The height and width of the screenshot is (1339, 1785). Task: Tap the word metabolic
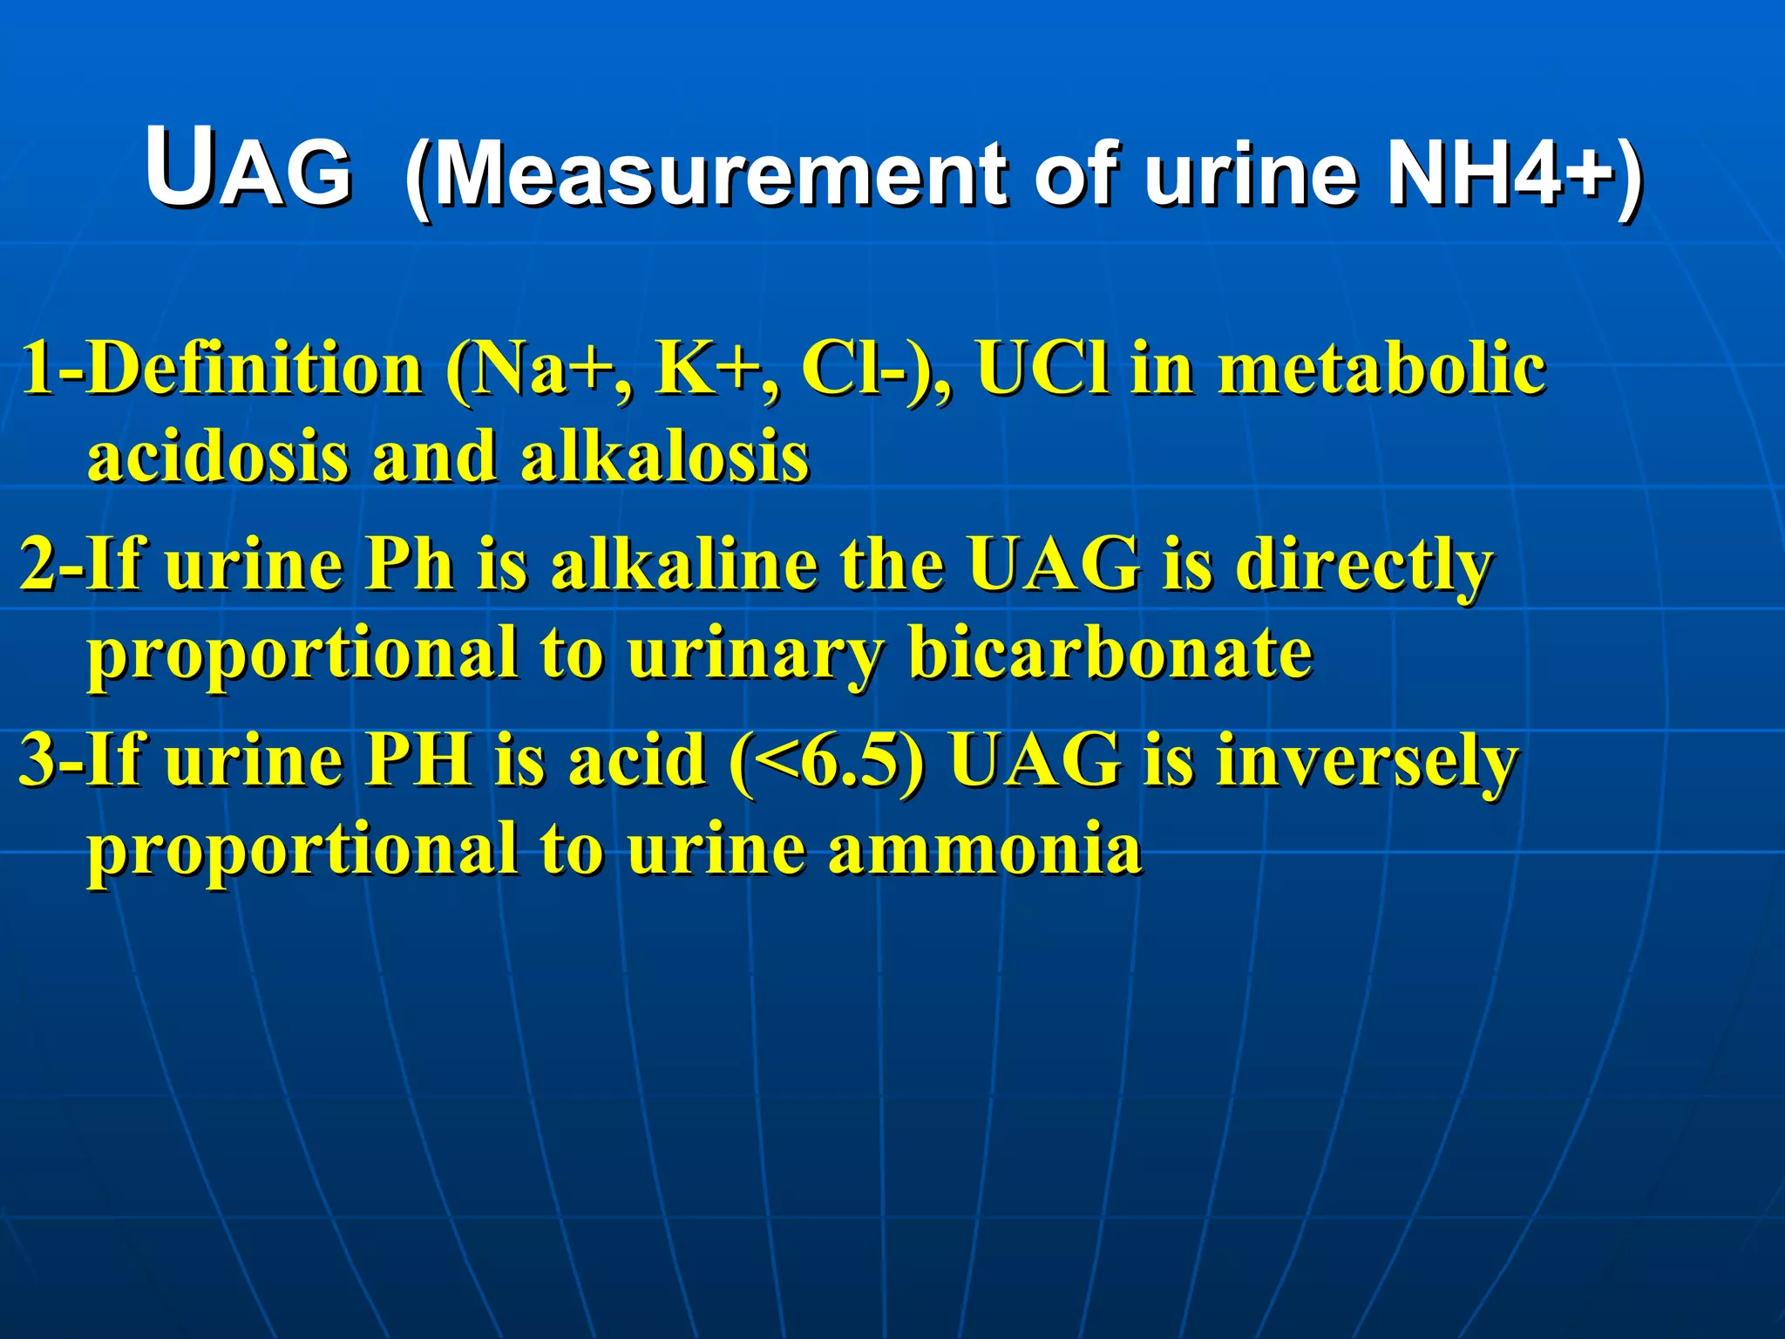[x=1381, y=368]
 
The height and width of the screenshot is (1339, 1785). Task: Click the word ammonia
[x=984, y=848]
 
